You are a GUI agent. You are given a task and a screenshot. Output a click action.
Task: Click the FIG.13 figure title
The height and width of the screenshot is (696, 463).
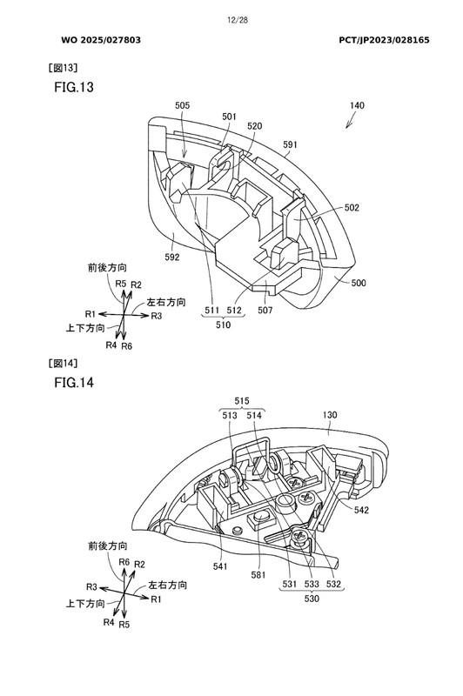tap(74, 87)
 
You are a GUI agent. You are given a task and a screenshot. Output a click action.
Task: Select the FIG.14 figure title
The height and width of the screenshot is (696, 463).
tap(74, 382)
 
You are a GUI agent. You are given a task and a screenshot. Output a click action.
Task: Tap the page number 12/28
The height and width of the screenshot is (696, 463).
tap(238, 20)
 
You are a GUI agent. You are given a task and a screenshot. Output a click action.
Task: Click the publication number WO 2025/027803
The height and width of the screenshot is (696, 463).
tap(101, 40)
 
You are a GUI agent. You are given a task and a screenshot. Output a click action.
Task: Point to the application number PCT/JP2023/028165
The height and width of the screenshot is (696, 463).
tap(384, 40)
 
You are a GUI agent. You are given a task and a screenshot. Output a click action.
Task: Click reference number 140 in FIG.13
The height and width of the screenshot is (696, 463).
tap(357, 105)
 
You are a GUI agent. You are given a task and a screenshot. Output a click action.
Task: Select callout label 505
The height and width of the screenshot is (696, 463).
tap(182, 105)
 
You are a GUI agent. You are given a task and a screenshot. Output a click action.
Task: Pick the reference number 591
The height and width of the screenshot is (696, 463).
tap(290, 144)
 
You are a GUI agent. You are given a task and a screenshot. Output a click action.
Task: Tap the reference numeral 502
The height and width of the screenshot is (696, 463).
tap(352, 208)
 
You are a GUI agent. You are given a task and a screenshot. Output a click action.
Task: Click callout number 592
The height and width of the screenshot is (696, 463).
tap(171, 257)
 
